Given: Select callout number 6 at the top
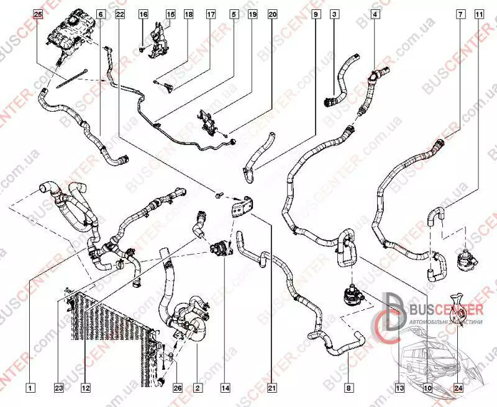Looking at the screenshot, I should coord(101,13).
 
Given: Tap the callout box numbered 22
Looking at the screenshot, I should coord(120,13).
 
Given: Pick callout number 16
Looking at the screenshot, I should coord(143,13).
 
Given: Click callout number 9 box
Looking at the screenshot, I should coord(316,13).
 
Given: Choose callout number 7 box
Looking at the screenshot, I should coord(460,13).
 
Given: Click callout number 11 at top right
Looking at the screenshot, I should coord(478,13).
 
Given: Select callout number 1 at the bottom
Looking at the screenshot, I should coord(30,388).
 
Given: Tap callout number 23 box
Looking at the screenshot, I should coord(59,388).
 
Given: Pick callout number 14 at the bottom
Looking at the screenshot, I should coord(225,388).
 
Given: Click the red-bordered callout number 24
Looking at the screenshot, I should coord(458,388).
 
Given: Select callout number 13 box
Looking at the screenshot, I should coord(399,388).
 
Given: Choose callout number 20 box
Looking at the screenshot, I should coord(272,13).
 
